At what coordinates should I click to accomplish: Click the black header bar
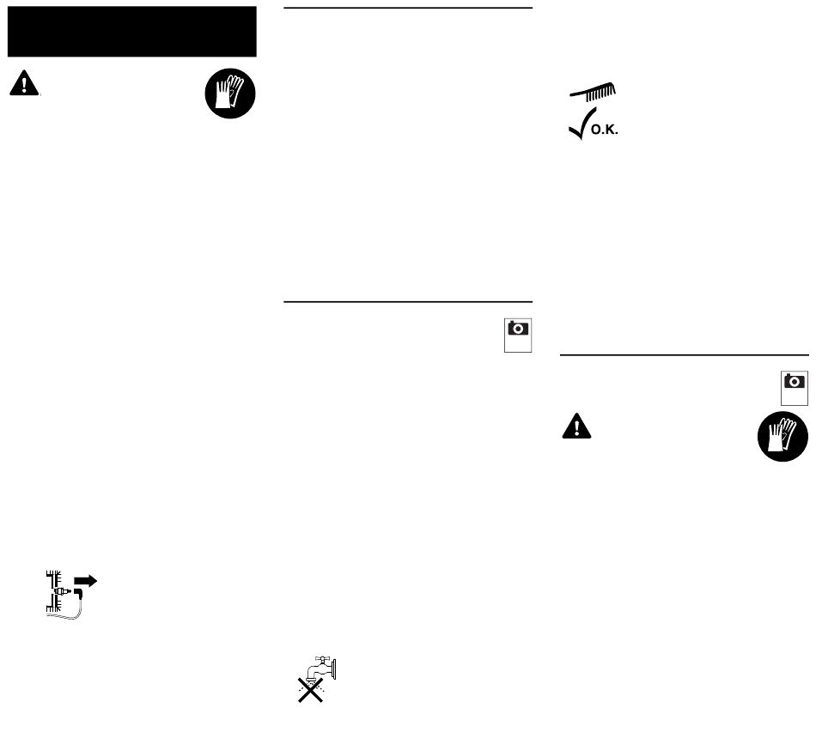(x=131, y=32)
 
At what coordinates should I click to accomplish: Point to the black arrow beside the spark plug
(x=86, y=580)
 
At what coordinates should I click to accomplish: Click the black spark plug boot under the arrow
(x=77, y=594)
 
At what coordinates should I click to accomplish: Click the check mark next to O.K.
(x=578, y=127)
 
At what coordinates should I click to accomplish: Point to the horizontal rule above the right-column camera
(x=684, y=354)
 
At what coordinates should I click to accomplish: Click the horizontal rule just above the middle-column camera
(x=408, y=302)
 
